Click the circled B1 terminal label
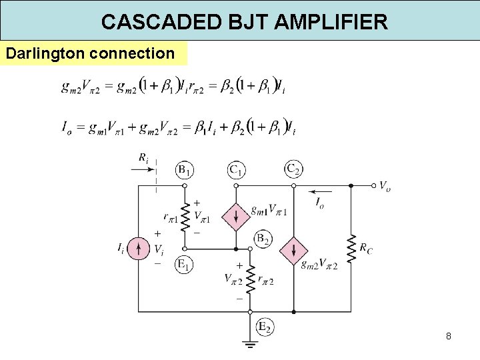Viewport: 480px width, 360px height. tap(185, 170)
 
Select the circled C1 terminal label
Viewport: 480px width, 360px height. tap(235, 170)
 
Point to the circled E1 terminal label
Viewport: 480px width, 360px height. tap(185, 265)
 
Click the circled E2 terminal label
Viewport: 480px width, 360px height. tap(265, 327)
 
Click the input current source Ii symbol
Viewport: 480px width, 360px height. tap(138, 249)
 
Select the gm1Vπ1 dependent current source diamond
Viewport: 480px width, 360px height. tap(235, 216)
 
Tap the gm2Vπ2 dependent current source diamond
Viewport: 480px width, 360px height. tap(292, 250)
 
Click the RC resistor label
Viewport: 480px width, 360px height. tap(366, 248)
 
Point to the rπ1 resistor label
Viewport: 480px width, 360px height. tap(170, 219)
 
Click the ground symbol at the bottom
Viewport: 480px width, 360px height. tap(249, 345)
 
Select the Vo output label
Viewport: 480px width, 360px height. tap(385, 186)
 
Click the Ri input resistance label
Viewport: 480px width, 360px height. tap(143, 158)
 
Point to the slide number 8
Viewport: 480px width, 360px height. tap(449, 336)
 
